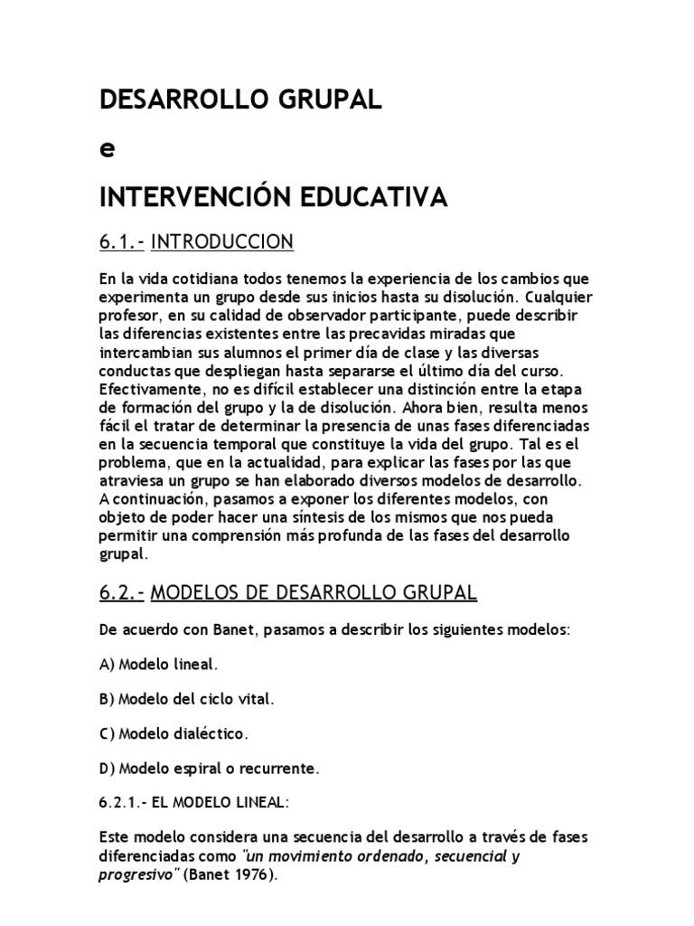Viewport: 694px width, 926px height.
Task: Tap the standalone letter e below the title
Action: click(x=108, y=149)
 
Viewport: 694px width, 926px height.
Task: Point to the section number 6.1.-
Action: click(x=121, y=241)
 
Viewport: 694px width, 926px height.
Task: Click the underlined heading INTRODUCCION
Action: click(x=221, y=241)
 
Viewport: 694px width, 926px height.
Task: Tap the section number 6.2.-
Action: click(x=121, y=593)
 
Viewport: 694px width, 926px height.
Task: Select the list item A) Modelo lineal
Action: click(x=158, y=664)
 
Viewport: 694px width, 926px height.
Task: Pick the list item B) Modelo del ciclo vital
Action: click(x=185, y=699)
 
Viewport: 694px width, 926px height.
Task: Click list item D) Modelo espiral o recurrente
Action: click(x=210, y=769)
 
